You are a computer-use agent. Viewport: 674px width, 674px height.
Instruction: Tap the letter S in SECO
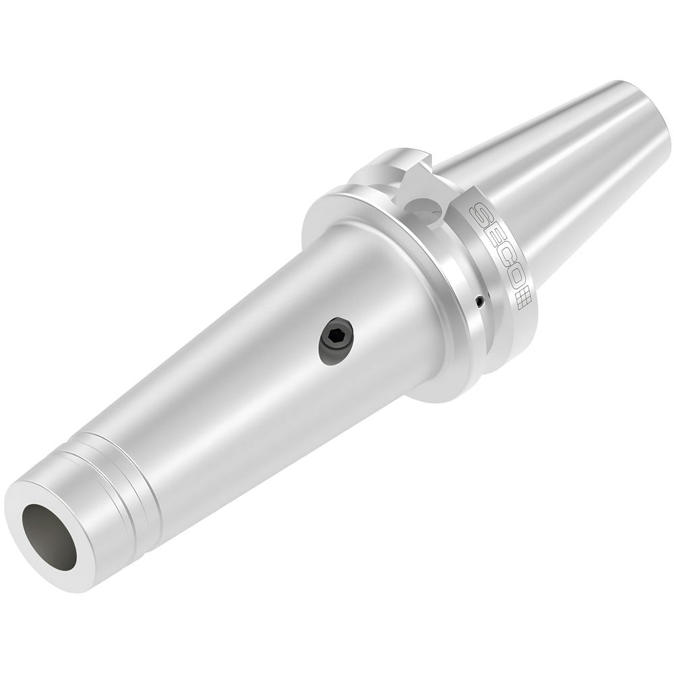click(481, 215)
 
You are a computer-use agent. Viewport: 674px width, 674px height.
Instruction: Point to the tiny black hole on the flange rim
click(479, 301)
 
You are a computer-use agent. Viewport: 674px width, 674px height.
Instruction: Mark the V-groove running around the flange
click(465, 283)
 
